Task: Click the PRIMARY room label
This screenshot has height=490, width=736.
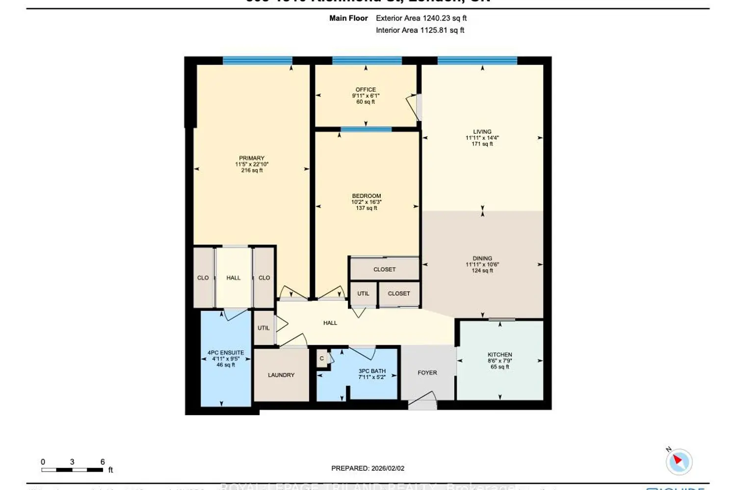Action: (252, 158)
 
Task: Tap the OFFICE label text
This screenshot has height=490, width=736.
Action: (366, 90)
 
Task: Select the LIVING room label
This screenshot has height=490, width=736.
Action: (482, 132)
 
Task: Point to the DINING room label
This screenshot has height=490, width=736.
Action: (482, 258)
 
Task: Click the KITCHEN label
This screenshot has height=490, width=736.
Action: (499, 354)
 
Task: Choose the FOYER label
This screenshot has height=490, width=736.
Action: (427, 373)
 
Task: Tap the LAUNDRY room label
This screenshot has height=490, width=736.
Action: (281, 375)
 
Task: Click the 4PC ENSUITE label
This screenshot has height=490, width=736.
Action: (226, 353)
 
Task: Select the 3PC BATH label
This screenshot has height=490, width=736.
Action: (372, 371)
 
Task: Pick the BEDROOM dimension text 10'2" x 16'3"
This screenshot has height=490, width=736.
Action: (366, 202)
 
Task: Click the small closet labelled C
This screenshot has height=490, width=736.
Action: (322, 358)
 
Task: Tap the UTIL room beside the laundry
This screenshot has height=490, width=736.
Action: (263, 328)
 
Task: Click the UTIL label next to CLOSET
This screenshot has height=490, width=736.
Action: (363, 294)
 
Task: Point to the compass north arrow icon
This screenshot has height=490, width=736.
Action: (679, 461)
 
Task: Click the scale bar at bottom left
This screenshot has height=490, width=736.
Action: (72, 470)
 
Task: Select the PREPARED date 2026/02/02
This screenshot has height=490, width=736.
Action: (368, 468)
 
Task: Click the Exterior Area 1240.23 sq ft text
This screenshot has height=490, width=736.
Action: (421, 18)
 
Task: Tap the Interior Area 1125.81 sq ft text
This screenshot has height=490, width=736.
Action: (420, 30)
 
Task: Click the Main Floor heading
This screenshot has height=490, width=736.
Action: (348, 18)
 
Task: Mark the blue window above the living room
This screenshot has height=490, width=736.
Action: (477, 61)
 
